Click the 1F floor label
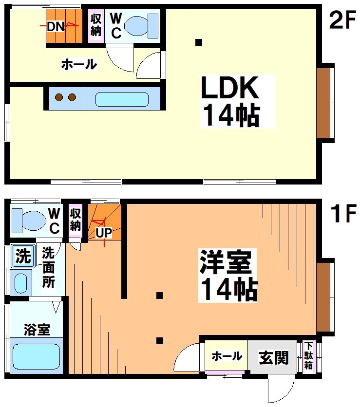(343, 214)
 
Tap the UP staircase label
(103, 233)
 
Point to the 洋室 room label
(225, 263)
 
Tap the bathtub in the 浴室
(37, 356)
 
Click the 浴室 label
(37, 330)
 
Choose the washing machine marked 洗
(21, 256)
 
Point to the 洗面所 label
(48, 267)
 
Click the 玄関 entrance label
(274, 358)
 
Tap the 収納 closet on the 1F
(75, 220)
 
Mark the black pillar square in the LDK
(198, 42)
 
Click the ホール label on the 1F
(227, 356)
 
